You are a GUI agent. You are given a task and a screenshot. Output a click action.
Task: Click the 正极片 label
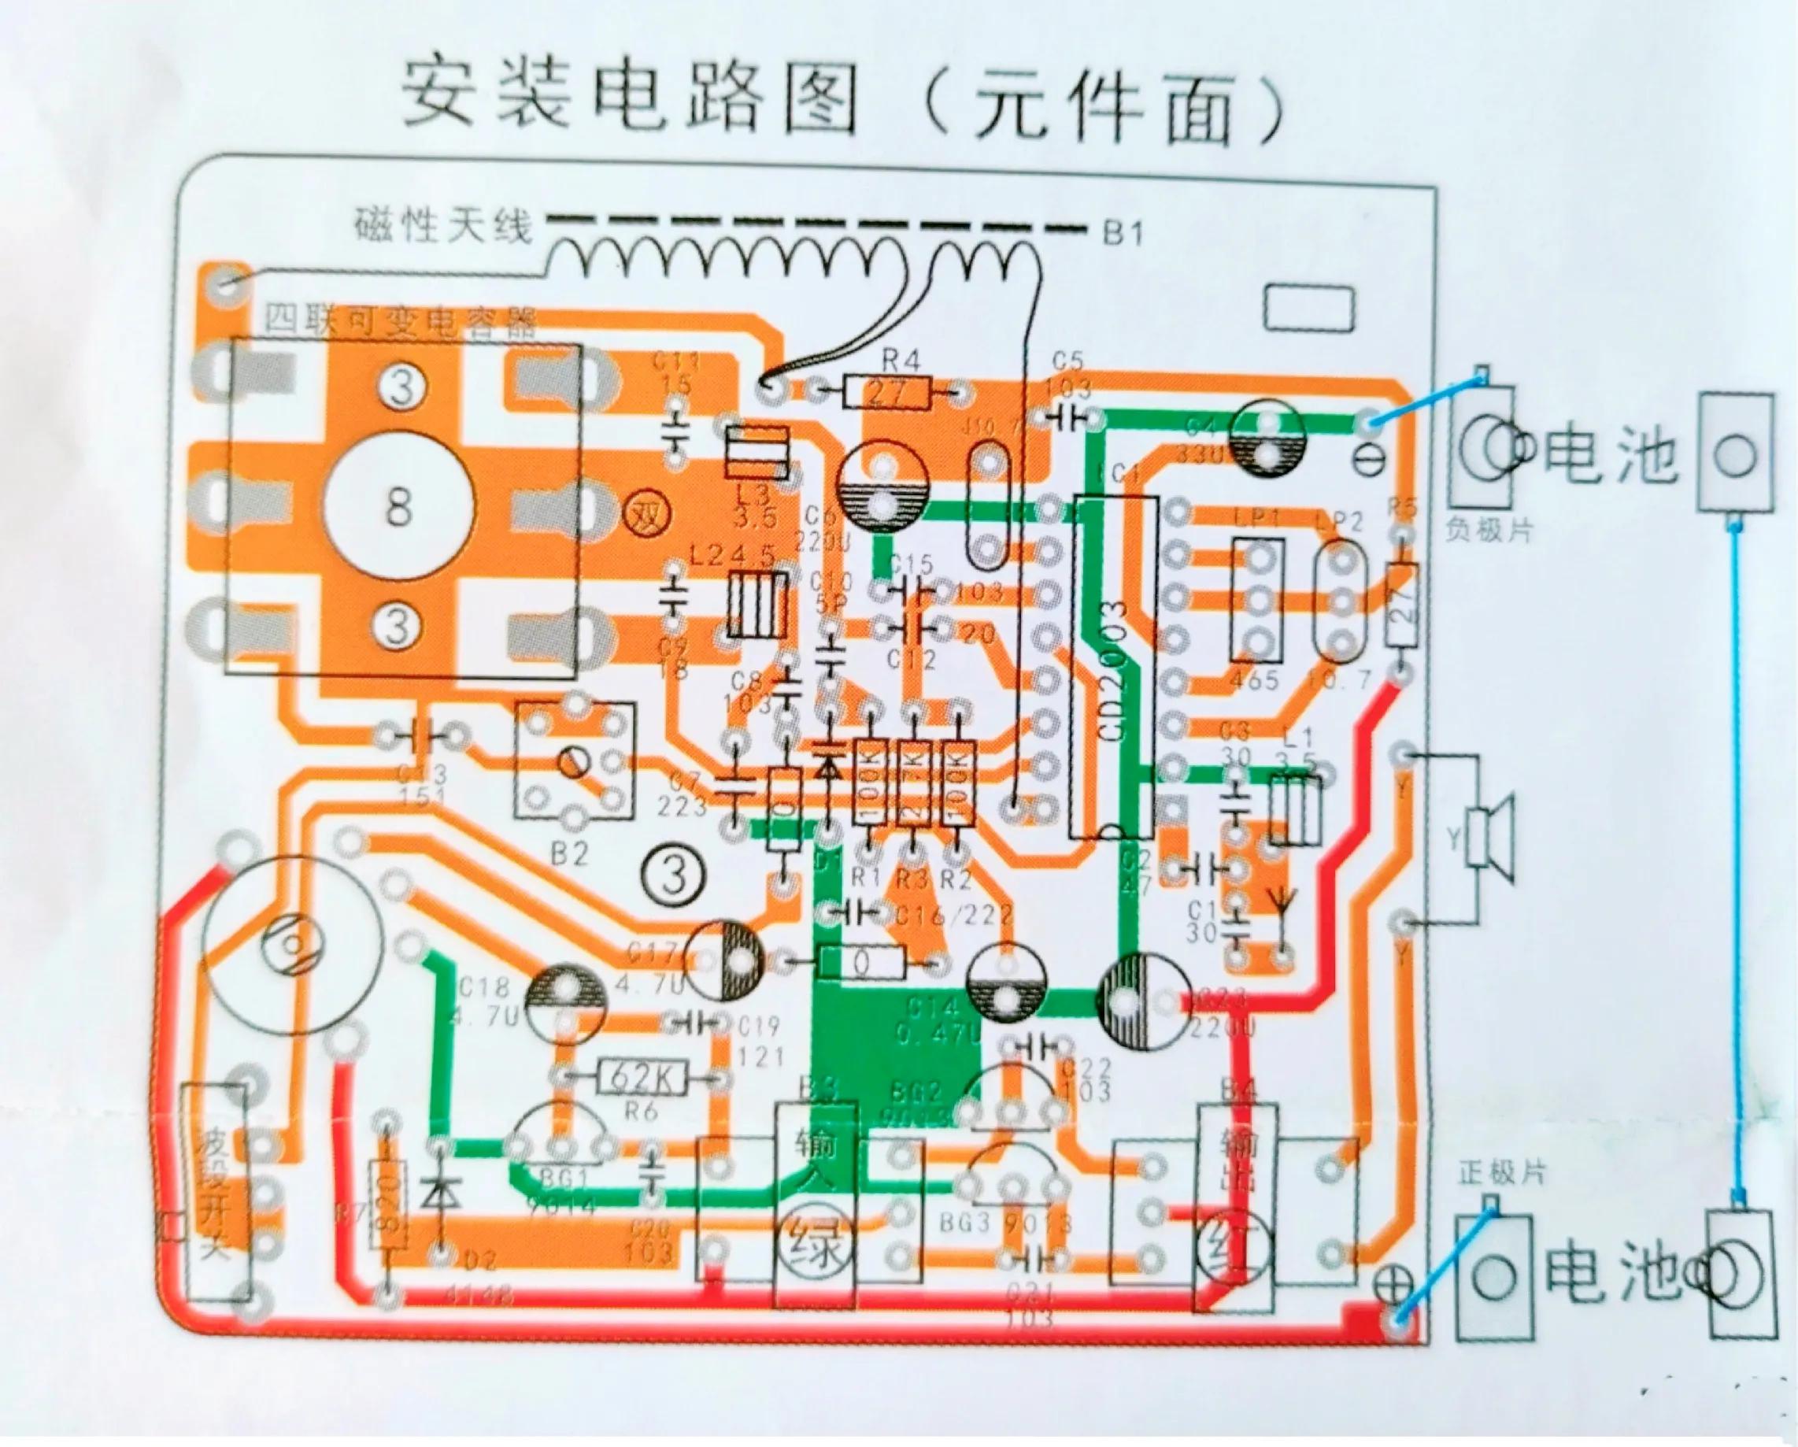click(x=1502, y=1174)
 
